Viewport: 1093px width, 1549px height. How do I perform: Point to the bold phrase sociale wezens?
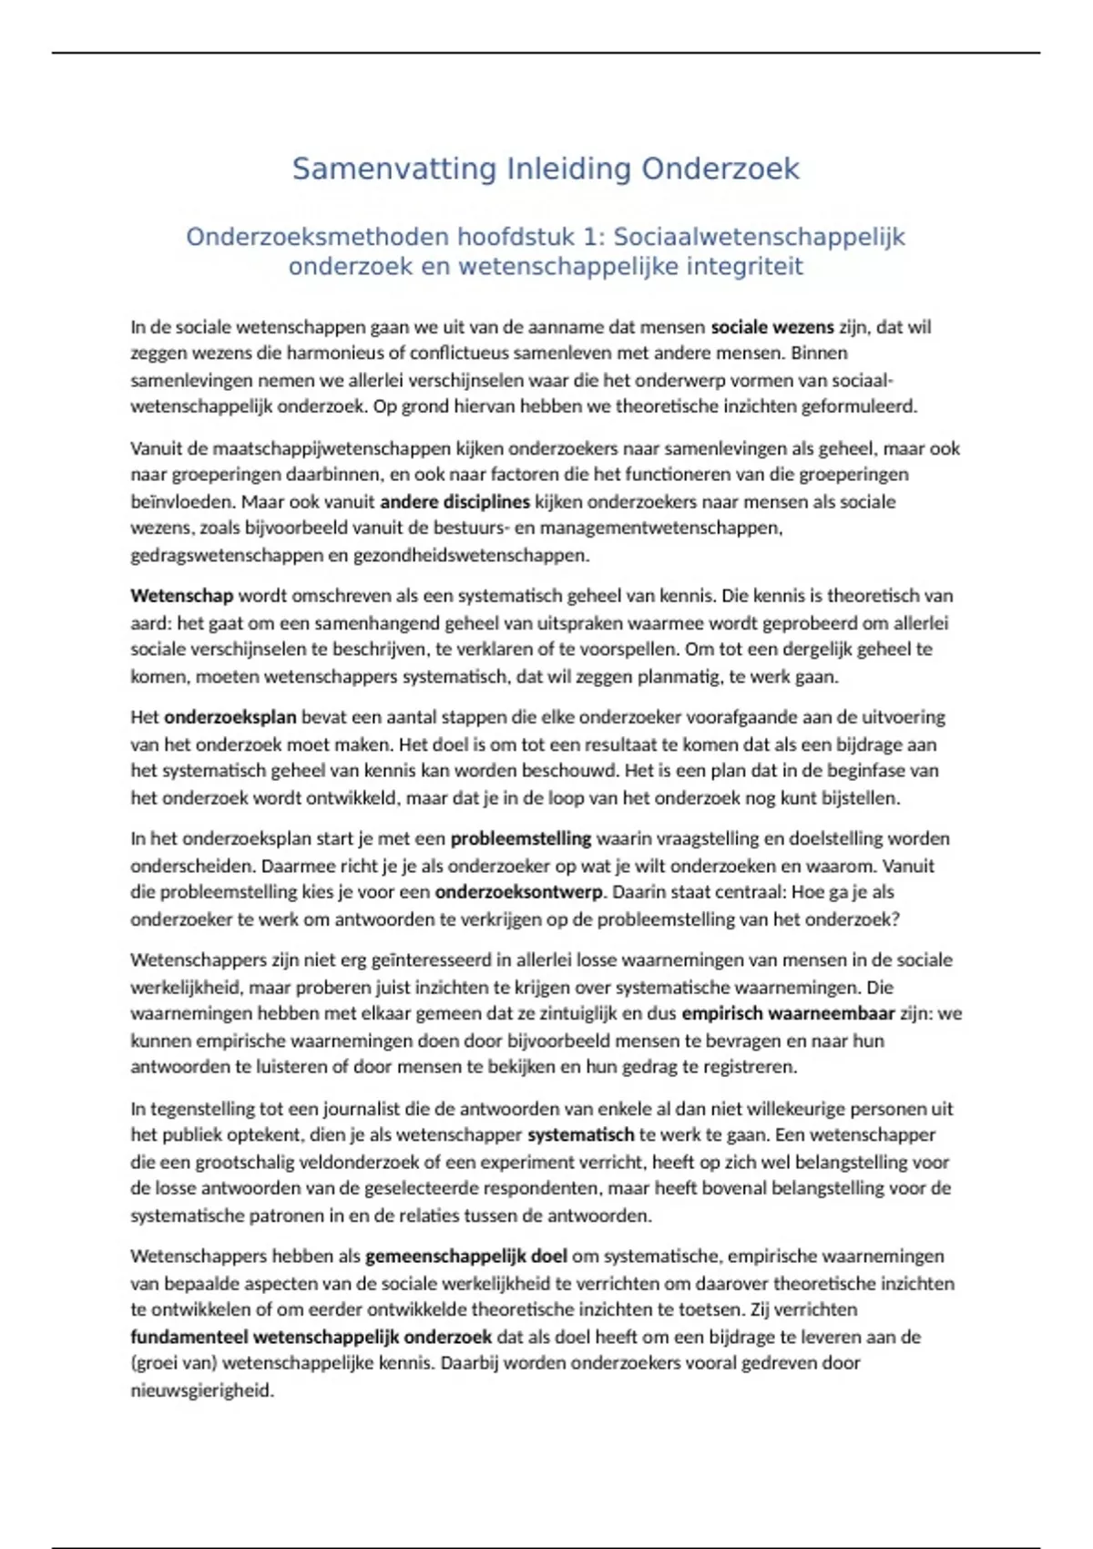click(771, 327)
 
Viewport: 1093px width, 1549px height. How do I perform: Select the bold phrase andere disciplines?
click(455, 502)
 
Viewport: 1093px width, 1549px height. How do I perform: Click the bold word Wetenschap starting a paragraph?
click(181, 597)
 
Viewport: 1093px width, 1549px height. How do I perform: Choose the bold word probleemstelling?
click(520, 839)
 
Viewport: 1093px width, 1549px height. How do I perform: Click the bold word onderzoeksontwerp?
click(518, 893)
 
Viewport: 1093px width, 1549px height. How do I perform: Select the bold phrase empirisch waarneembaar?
click(788, 1014)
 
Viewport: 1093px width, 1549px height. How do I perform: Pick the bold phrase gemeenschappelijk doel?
click(466, 1257)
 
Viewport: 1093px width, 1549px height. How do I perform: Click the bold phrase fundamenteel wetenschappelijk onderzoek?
click(311, 1338)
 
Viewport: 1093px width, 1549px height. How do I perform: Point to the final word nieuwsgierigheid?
click(201, 1391)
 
